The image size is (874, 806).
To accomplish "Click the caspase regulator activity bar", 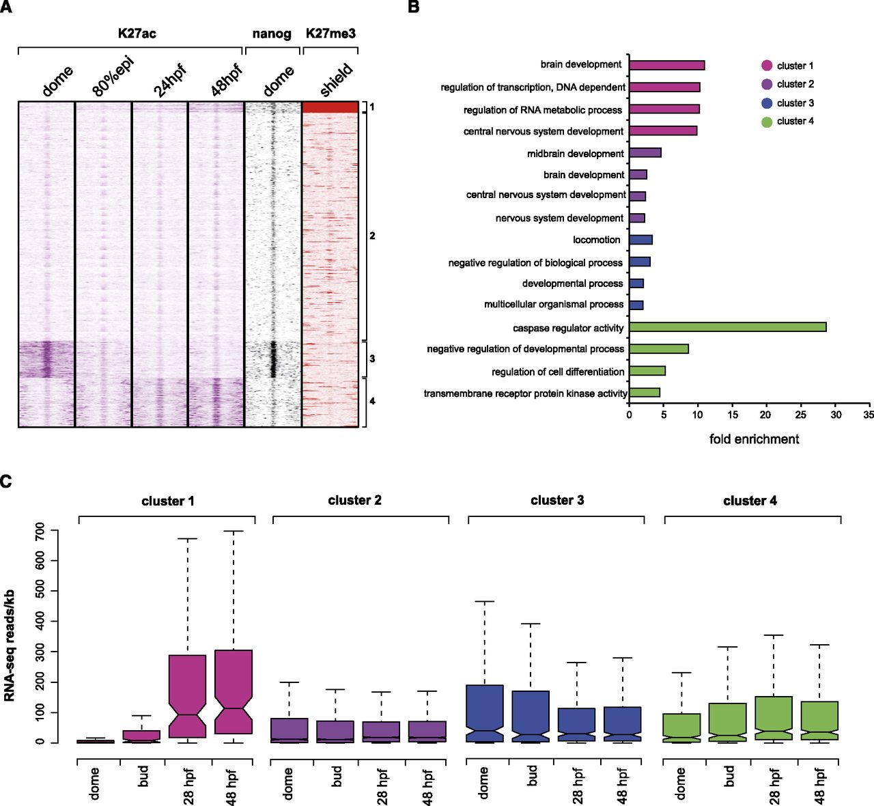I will point(727,327).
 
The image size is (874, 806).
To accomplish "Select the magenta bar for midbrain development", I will point(645,153).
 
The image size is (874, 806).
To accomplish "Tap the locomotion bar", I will point(640,240).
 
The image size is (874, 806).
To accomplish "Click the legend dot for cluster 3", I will point(767,103).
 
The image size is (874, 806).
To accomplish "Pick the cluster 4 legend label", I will point(795,122).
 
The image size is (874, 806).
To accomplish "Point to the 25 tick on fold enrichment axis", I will point(801,415).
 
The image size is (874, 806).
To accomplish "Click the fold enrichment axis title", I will point(754,439).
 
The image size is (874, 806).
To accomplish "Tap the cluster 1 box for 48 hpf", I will point(234,692).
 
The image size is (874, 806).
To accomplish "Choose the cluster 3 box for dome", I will point(484,713).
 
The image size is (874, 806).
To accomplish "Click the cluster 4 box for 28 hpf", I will point(774,718).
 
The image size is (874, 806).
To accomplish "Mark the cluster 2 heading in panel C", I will point(354,501).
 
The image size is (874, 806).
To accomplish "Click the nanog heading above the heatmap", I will point(272,33).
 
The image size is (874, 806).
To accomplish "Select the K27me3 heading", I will point(330,33).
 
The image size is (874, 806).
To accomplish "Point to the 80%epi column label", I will point(113,77).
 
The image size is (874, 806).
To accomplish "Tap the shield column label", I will point(337,79).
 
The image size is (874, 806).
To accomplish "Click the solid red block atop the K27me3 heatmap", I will point(330,107).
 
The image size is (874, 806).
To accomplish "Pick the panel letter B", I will point(414,8).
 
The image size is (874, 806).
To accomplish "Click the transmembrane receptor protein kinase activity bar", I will point(644,393).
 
